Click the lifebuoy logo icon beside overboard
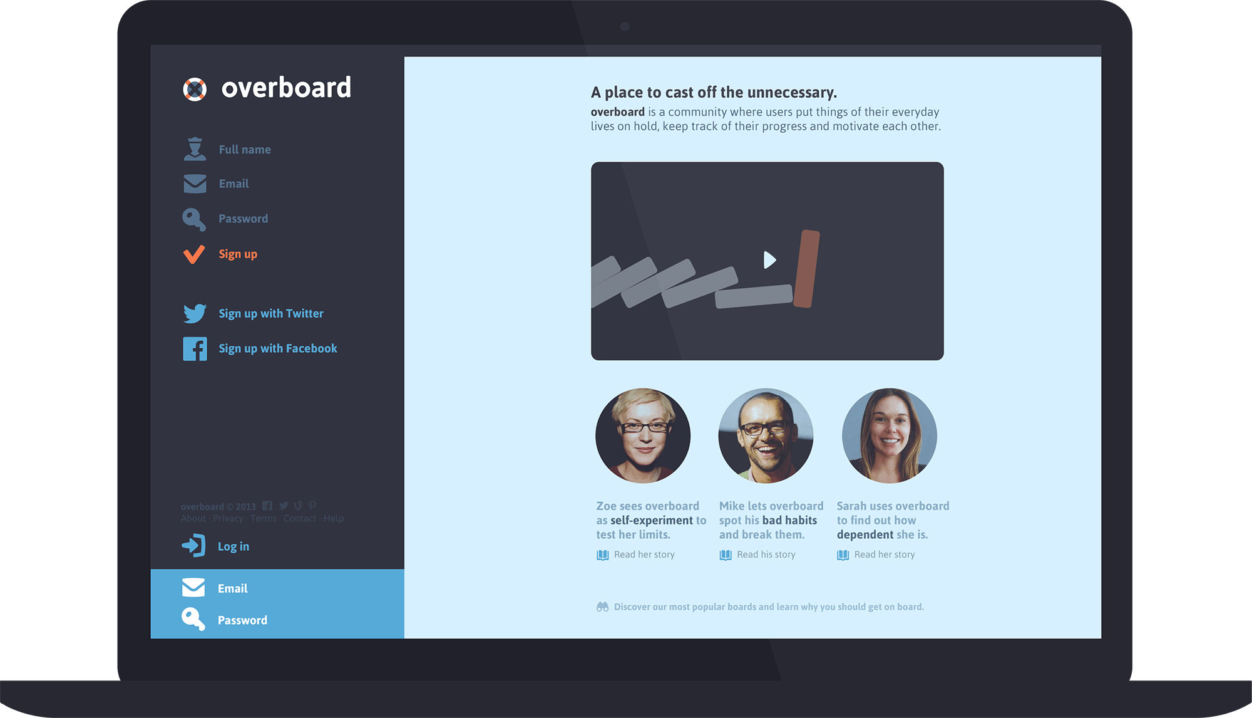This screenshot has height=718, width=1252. [x=195, y=89]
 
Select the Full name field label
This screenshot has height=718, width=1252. [x=245, y=150]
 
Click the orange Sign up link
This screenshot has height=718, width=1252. [x=238, y=254]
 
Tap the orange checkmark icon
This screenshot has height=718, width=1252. [x=194, y=254]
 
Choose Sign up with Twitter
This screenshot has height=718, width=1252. [x=271, y=313]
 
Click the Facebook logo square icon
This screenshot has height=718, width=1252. [x=195, y=349]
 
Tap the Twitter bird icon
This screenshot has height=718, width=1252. [x=195, y=313]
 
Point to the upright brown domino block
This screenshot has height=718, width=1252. [x=806, y=269]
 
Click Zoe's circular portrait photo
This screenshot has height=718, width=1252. [x=643, y=435]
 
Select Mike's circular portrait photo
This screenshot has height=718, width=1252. [x=766, y=435]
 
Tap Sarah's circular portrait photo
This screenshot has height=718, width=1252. [x=889, y=435]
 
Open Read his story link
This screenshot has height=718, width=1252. [x=766, y=554]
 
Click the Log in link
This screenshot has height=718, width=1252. [x=233, y=546]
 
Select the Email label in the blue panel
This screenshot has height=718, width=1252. [x=233, y=588]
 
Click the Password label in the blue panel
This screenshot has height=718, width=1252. [x=242, y=620]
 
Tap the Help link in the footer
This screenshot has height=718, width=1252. [x=334, y=519]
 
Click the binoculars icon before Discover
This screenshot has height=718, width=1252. [x=602, y=606]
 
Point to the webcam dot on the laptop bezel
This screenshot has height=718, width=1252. [x=625, y=26]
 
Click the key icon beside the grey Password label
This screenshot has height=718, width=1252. [x=194, y=219]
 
